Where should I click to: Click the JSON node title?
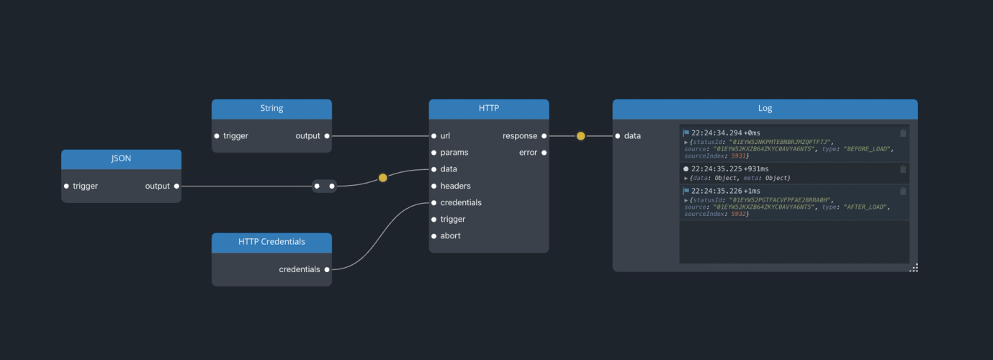click(x=121, y=159)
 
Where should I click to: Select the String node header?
click(x=271, y=109)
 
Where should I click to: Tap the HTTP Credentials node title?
click(x=271, y=242)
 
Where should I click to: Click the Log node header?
click(x=765, y=109)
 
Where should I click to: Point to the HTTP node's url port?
click(x=434, y=136)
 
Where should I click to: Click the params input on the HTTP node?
click(x=434, y=153)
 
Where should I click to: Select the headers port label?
click(x=455, y=186)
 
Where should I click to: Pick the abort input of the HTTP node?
click(x=434, y=236)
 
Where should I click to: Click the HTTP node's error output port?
click(x=544, y=153)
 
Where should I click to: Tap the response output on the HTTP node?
click(x=544, y=136)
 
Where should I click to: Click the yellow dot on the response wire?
click(x=580, y=136)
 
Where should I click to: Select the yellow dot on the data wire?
click(x=382, y=177)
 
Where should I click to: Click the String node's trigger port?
click(x=217, y=136)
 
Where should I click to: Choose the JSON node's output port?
click(x=176, y=186)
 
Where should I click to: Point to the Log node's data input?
click(x=618, y=136)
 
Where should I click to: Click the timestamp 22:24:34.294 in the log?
click(x=716, y=133)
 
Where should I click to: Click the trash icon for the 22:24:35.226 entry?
click(x=903, y=191)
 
